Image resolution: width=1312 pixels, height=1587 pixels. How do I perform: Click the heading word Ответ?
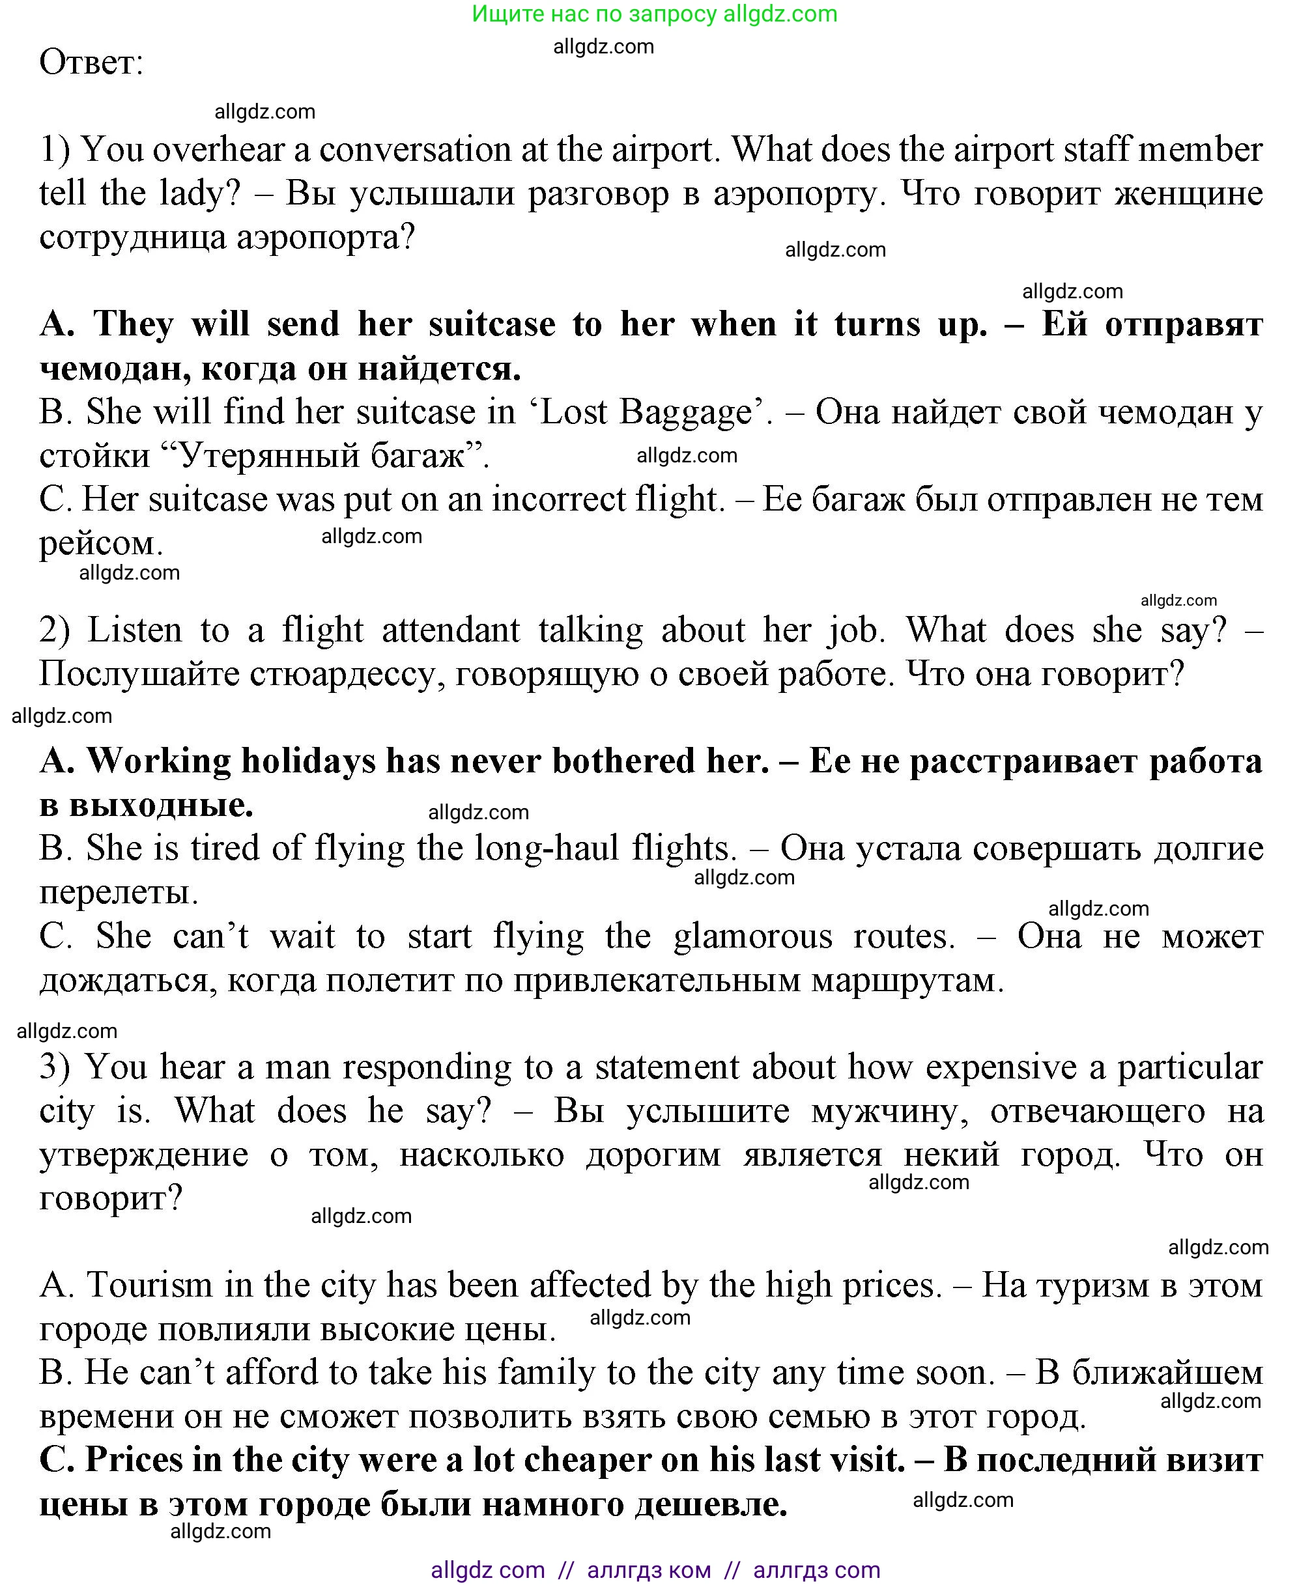(x=91, y=62)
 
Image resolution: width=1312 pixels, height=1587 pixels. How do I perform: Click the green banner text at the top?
(x=655, y=14)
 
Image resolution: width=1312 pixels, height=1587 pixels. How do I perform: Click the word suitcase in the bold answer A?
(x=491, y=324)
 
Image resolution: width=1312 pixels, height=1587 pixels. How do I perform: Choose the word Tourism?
(x=150, y=1285)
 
